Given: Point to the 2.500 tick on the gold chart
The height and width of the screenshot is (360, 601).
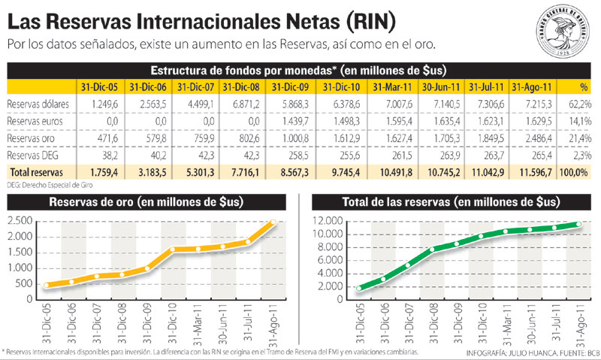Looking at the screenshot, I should [18, 221].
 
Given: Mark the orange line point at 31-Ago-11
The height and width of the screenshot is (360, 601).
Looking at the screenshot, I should [273, 221].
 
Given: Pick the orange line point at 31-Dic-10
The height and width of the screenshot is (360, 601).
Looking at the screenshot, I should [175, 250].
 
